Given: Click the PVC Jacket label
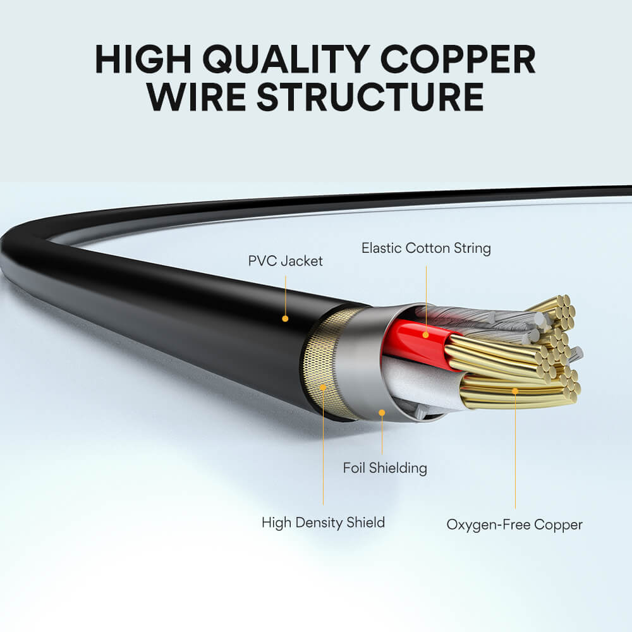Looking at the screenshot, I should point(285,260).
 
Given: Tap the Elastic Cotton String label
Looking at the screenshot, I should point(426,248).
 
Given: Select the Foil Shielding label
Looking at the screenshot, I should point(385,468).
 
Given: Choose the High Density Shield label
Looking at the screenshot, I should point(323,523).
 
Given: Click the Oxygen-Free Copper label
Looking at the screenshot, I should point(514,524).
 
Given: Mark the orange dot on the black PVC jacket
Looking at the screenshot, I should point(285,319).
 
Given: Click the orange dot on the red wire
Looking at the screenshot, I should point(426,334).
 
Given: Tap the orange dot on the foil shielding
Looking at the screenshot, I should point(382,412).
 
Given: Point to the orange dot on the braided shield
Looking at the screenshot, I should point(323,386).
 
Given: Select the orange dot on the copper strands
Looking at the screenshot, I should point(515,391).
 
